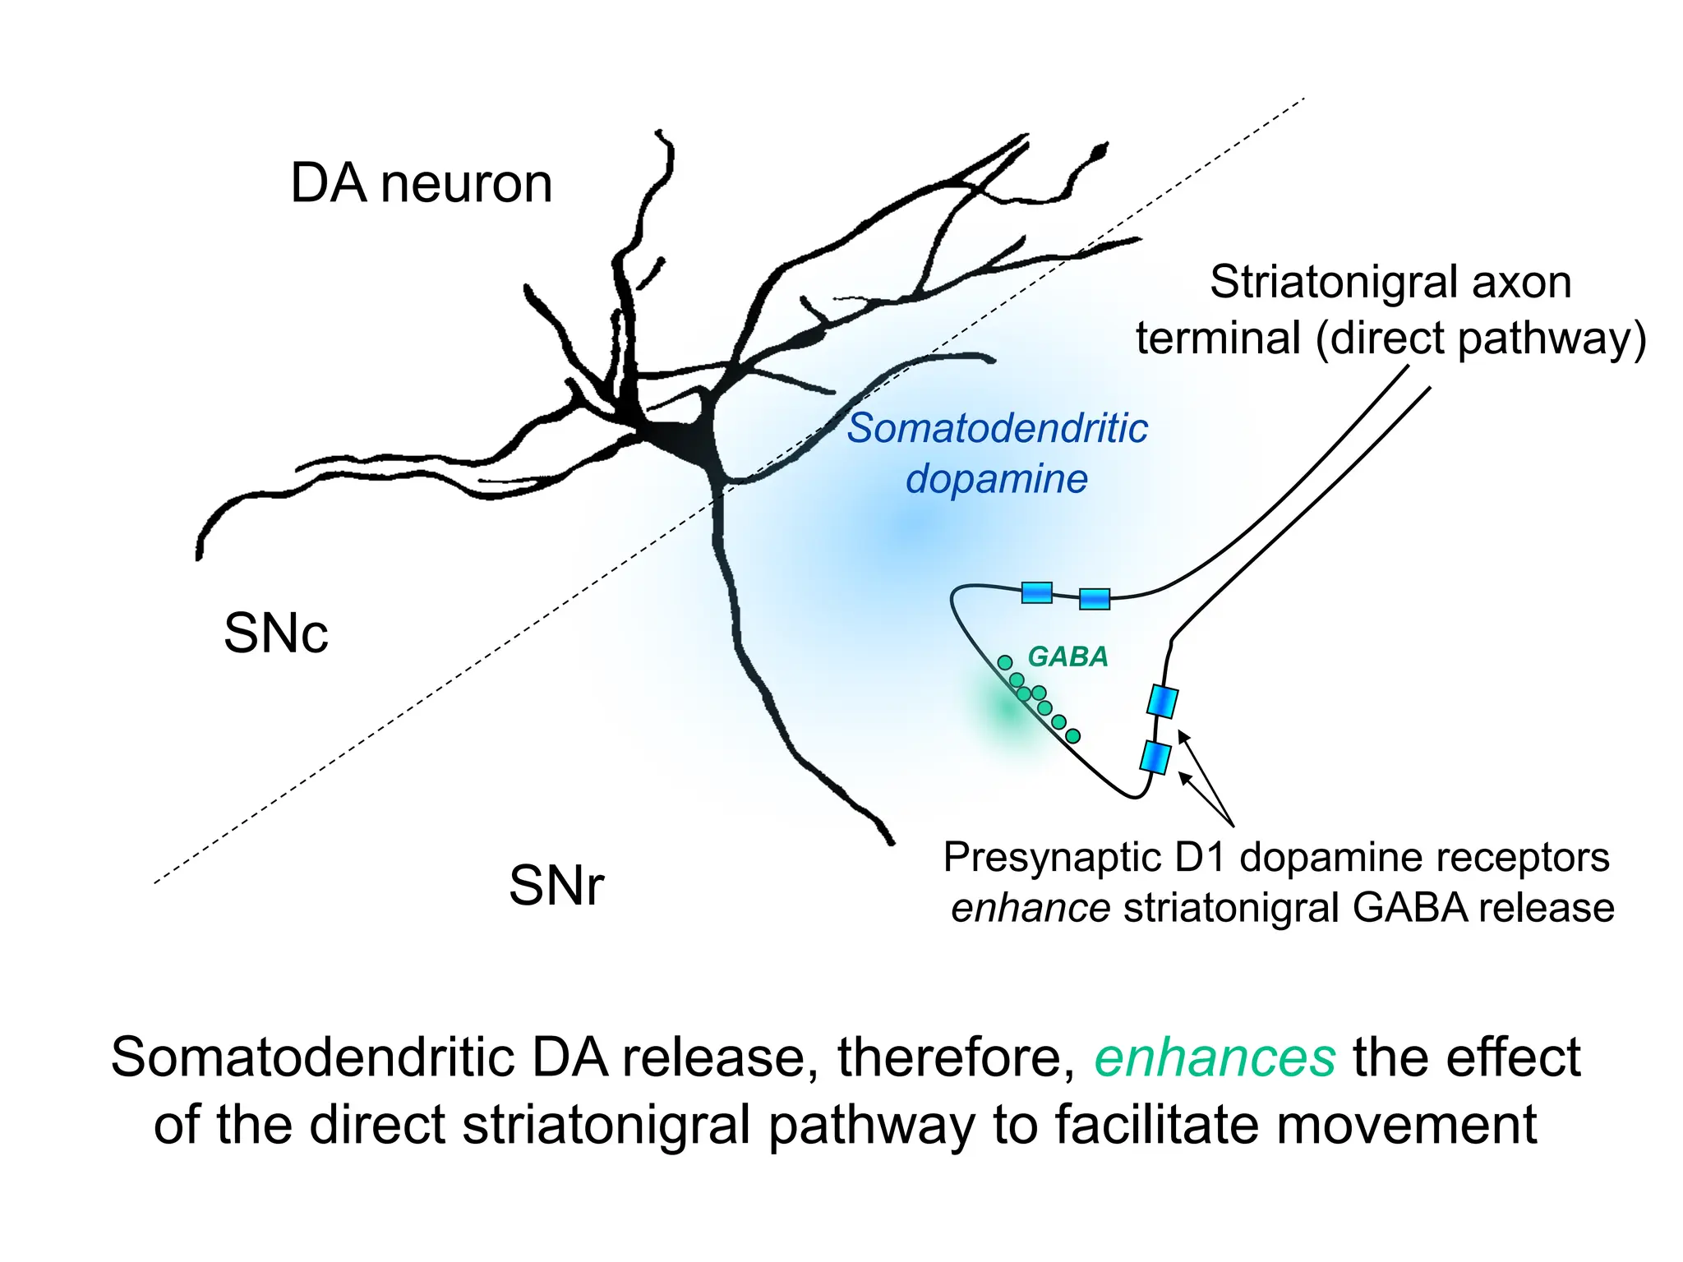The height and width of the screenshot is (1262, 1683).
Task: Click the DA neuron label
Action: (421, 183)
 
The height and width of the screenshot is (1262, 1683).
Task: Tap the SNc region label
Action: (276, 633)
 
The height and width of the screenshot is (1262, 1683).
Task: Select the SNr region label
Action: (556, 886)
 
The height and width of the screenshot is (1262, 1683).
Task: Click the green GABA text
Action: (1067, 656)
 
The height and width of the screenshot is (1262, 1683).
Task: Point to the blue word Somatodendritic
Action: (997, 428)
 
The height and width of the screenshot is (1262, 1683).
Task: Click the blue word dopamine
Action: (996, 478)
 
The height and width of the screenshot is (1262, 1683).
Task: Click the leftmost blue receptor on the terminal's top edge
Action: (1036, 592)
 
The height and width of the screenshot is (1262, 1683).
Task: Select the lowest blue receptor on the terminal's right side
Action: (1155, 757)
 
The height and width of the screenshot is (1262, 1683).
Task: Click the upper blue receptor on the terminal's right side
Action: (1162, 702)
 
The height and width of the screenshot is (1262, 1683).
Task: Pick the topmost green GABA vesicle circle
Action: (1004, 662)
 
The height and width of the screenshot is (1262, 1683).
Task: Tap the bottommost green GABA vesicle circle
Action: (1072, 736)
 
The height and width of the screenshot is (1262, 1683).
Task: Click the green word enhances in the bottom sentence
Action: (1215, 1057)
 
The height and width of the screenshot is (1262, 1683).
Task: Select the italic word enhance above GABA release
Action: (1031, 908)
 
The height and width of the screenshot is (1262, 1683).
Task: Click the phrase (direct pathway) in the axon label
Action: (1480, 339)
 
